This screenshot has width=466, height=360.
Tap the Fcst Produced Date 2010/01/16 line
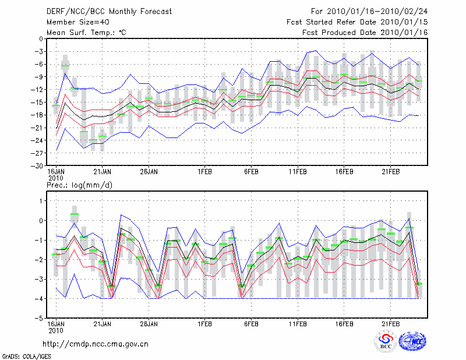point(365,32)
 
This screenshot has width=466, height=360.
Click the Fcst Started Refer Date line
point(357,22)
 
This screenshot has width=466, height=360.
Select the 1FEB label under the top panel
point(204,172)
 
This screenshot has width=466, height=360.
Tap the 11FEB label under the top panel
point(298,172)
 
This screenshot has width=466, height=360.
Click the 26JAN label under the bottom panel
point(149,323)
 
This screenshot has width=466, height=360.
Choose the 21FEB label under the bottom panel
point(391,323)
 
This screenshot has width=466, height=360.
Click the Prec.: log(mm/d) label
point(78,185)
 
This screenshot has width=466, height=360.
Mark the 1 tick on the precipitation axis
point(40,201)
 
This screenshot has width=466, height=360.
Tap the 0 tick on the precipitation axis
point(40,221)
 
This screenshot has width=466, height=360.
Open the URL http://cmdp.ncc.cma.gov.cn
point(96,344)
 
